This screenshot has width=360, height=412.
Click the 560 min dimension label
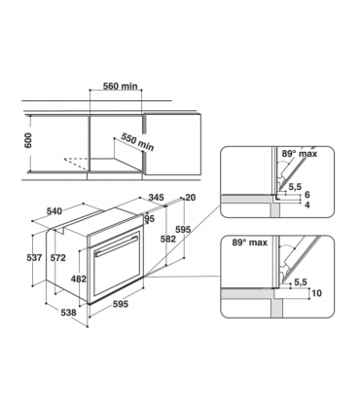pyautogui.click(x=125, y=86)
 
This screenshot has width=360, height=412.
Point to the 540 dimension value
pyautogui.click(x=55, y=210)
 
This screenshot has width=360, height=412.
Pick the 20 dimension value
pyautogui.click(x=189, y=199)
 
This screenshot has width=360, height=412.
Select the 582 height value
pyautogui.click(x=168, y=239)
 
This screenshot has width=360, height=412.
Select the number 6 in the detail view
pyautogui.click(x=307, y=195)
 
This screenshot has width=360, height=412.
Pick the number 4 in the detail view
pyautogui.click(x=307, y=206)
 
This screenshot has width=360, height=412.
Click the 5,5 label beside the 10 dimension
pyautogui.click(x=301, y=281)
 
